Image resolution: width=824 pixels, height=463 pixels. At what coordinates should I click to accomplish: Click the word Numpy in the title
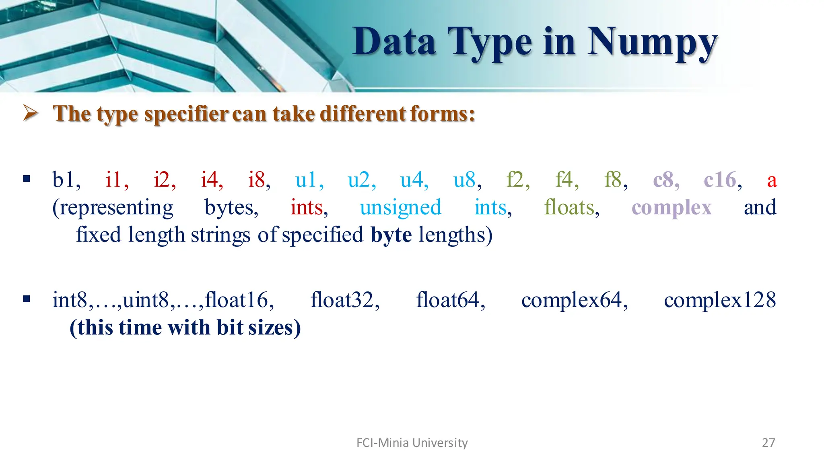point(652,43)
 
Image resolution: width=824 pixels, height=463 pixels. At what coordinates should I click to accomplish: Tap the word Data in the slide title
point(394,42)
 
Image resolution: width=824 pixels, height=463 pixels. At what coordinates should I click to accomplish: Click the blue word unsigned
point(400,208)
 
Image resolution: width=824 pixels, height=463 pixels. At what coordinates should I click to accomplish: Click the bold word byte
point(391,235)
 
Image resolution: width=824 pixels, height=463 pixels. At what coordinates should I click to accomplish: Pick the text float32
point(344,300)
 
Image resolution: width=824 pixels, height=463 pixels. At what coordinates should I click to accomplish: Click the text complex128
point(719,300)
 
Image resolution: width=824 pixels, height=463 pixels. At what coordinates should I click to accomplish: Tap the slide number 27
point(768,443)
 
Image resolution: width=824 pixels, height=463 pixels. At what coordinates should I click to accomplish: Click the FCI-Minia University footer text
point(412,443)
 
